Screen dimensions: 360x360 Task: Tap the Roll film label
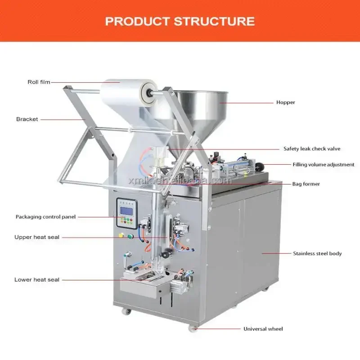39,82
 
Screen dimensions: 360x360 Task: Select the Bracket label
27,119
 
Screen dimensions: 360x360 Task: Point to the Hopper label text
286,102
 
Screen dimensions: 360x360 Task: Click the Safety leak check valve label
312,148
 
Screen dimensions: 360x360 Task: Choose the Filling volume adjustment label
324,165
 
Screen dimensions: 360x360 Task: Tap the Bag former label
306,184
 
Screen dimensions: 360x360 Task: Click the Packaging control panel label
46,216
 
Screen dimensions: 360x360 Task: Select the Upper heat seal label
37,237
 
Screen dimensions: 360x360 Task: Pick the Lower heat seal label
37,279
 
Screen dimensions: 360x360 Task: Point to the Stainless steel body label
317,253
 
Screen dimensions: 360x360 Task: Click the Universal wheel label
263,329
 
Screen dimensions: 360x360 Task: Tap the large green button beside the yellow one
130,236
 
